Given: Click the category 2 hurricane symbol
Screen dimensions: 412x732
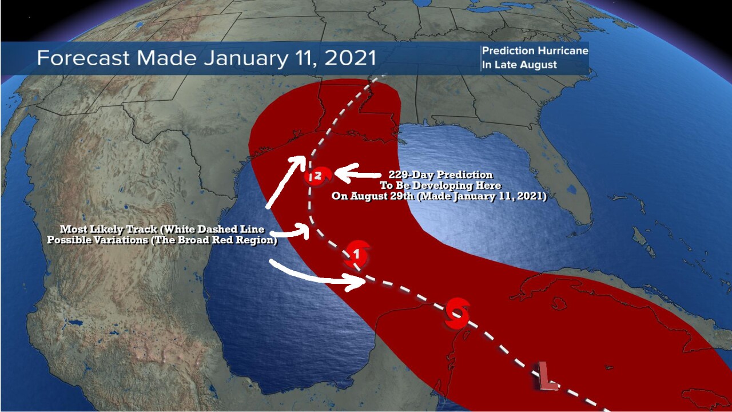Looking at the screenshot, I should pyautogui.click(x=318, y=176).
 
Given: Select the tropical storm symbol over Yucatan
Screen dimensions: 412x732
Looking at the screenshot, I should pyautogui.click(x=457, y=313).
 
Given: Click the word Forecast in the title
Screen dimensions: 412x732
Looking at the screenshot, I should pyautogui.click(x=83, y=58).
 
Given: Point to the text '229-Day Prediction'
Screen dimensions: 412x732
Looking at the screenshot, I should pyautogui.click(x=440, y=175).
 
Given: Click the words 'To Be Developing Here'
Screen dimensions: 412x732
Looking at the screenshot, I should pyautogui.click(x=440, y=185).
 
